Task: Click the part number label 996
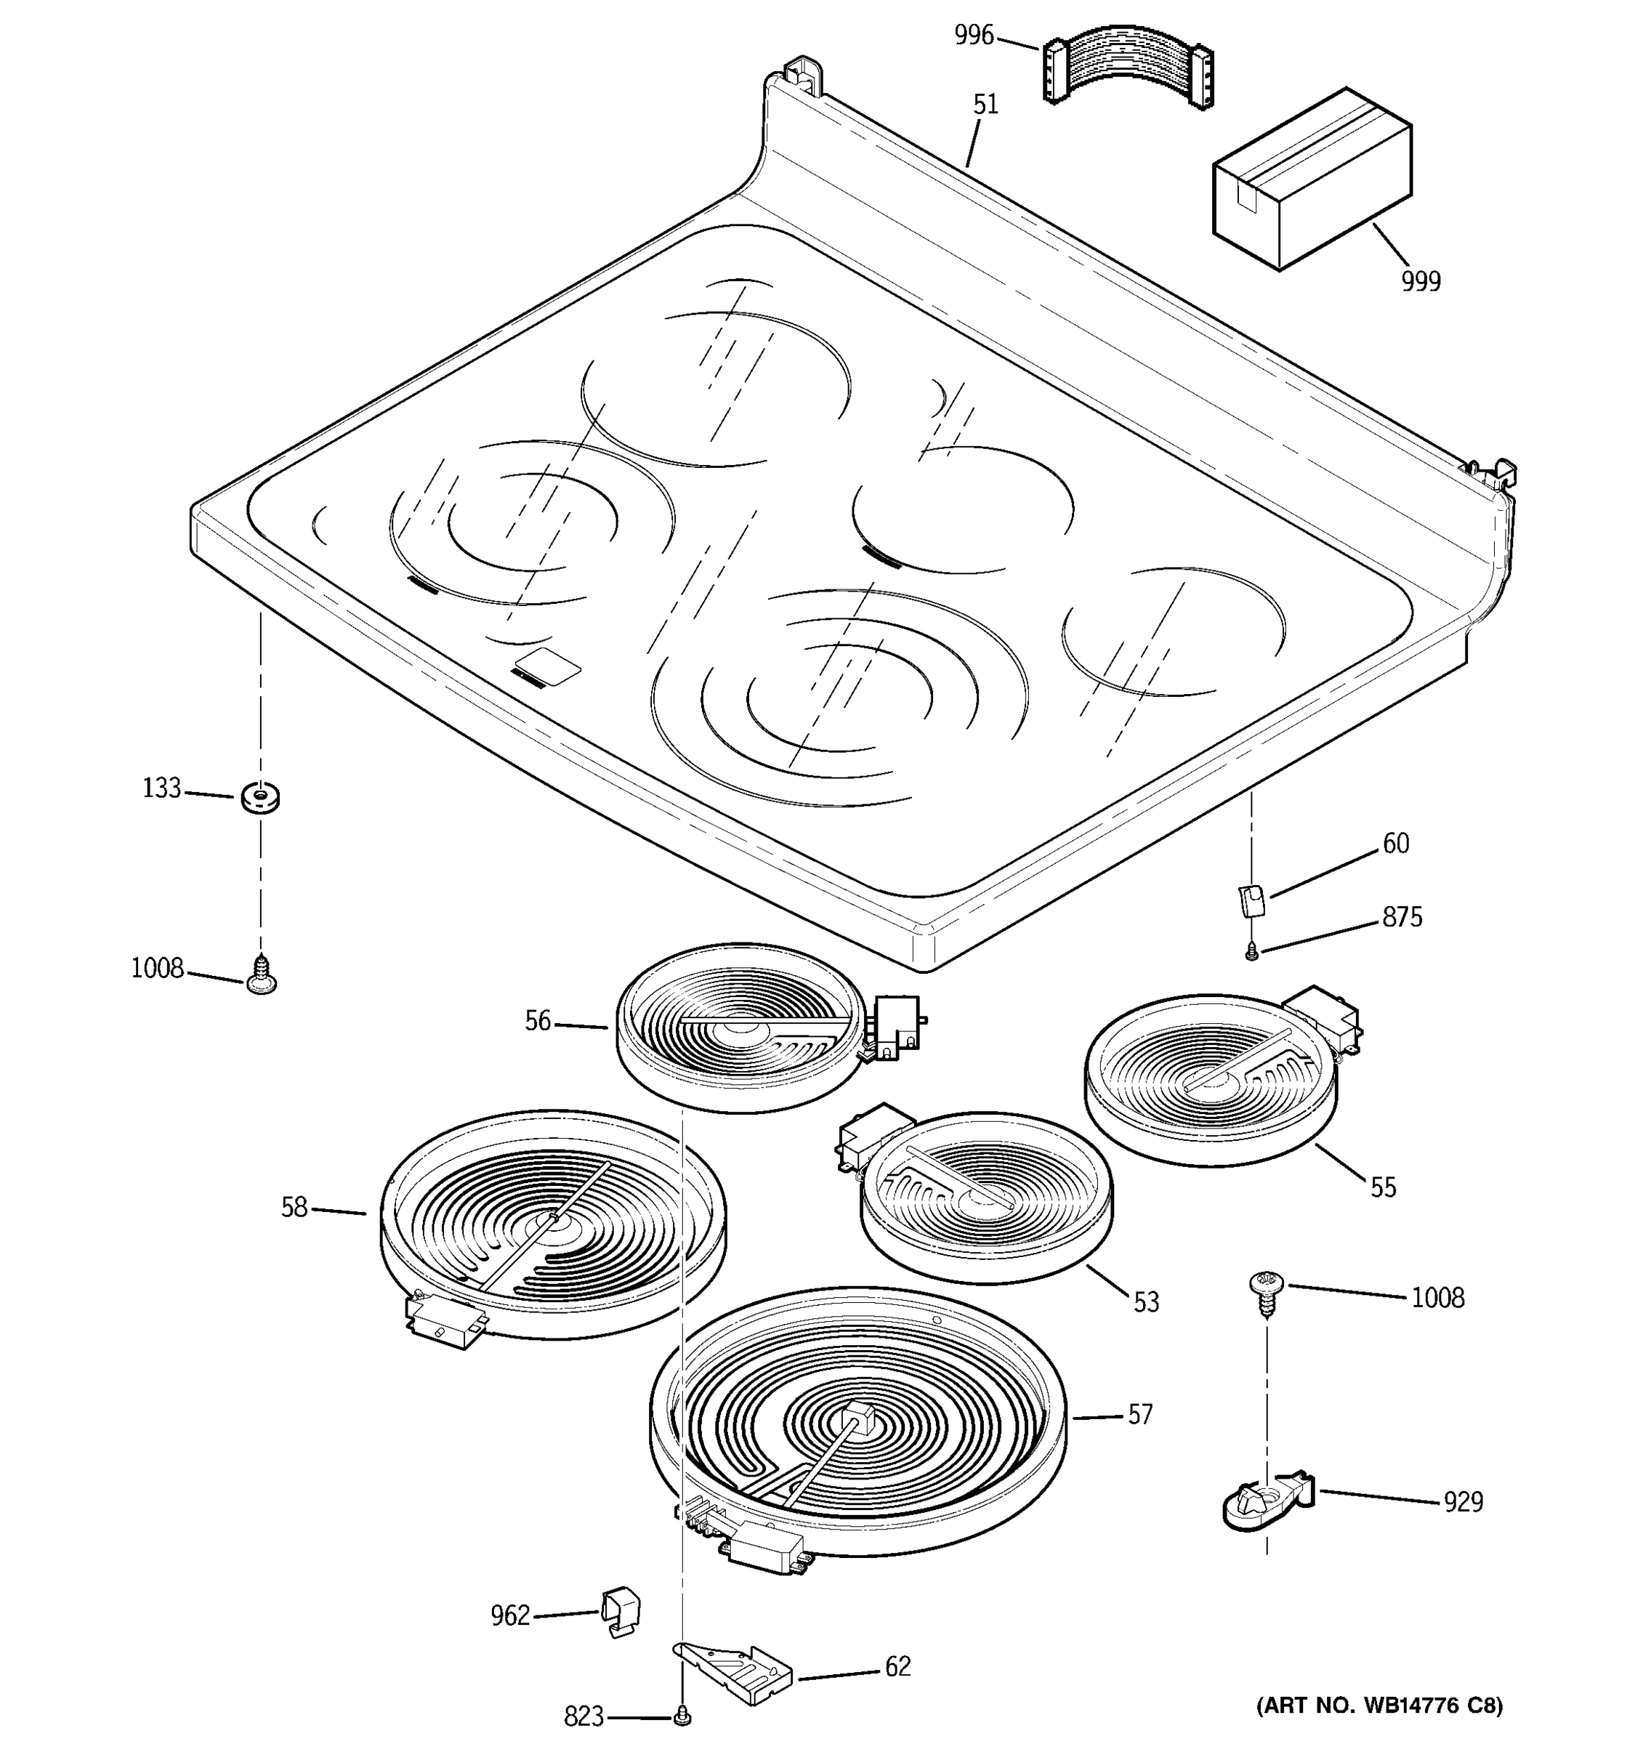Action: pos(974,36)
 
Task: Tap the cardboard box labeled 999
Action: pos(1312,179)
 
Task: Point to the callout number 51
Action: pos(986,105)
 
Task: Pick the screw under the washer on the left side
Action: pos(261,975)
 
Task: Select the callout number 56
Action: pos(538,1021)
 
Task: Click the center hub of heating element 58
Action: pos(552,1218)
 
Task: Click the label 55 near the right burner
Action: pos(1384,1188)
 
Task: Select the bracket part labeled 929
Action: pos(1264,1503)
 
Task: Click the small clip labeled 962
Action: pos(621,1610)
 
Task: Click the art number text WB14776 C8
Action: pos(1380,1706)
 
